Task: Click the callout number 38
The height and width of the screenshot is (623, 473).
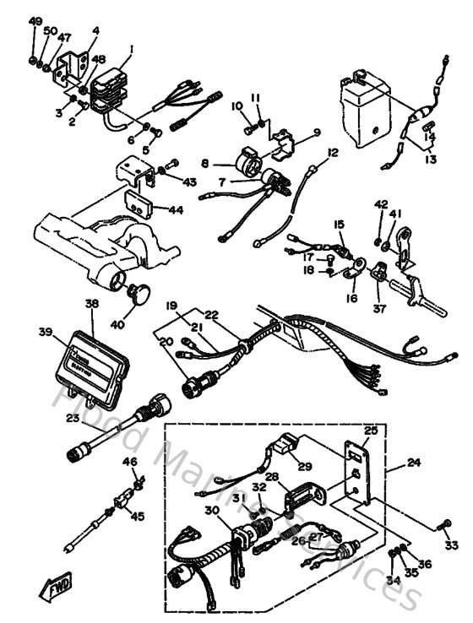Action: [91, 302]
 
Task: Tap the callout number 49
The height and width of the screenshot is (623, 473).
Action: [35, 20]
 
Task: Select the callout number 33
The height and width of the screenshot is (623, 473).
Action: [451, 544]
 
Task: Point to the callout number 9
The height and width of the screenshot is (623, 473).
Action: [317, 132]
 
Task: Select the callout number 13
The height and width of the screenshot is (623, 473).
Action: [431, 159]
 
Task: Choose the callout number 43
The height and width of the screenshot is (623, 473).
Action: [188, 182]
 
